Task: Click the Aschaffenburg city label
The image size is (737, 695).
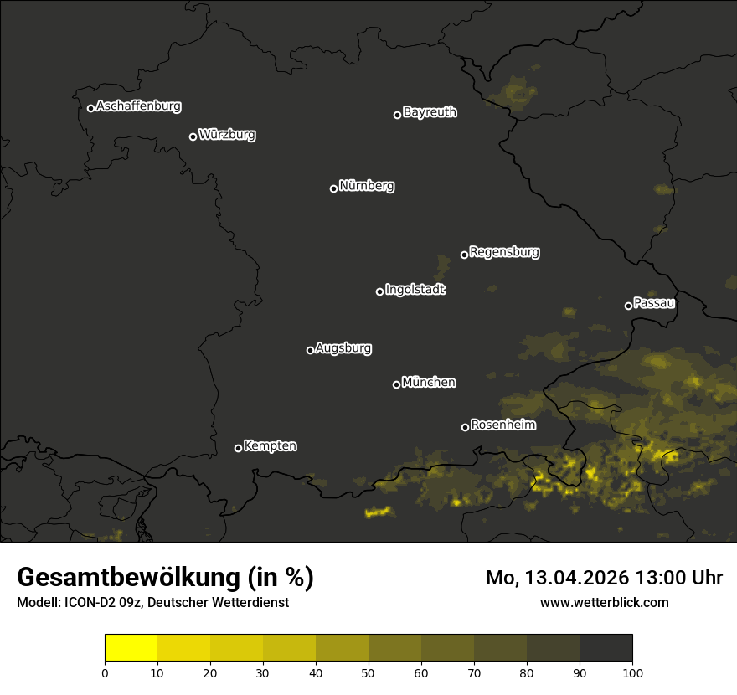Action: [x=138, y=106]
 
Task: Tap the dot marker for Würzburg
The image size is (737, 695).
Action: [x=193, y=136]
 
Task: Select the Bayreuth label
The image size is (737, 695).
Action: [x=430, y=112]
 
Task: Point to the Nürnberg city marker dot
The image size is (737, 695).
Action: [x=333, y=188]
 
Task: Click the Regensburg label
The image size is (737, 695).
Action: [x=504, y=252]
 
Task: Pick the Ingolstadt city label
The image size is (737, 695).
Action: [x=415, y=290]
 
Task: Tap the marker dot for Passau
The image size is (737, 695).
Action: [x=628, y=306]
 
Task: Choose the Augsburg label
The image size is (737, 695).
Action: [x=343, y=348]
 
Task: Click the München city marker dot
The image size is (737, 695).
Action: [x=396, y=384]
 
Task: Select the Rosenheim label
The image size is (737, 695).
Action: [x=502, y=425]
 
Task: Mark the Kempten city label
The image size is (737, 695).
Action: [x=270, y=446]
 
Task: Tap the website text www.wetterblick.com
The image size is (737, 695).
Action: [x=604, y=602]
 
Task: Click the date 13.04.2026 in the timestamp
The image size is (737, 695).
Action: [x=577, y=578]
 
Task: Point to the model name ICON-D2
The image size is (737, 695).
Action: [x=86, y=603]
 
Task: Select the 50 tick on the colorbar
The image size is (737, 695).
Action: [x=368, y=672]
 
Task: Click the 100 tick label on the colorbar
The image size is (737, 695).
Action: [x=632, y=672]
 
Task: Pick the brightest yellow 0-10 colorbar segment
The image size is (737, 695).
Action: [x=131, y=647]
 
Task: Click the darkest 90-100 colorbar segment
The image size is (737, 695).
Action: [x=606, y=647]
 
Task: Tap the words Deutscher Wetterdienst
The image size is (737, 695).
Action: [x=217, y=603]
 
